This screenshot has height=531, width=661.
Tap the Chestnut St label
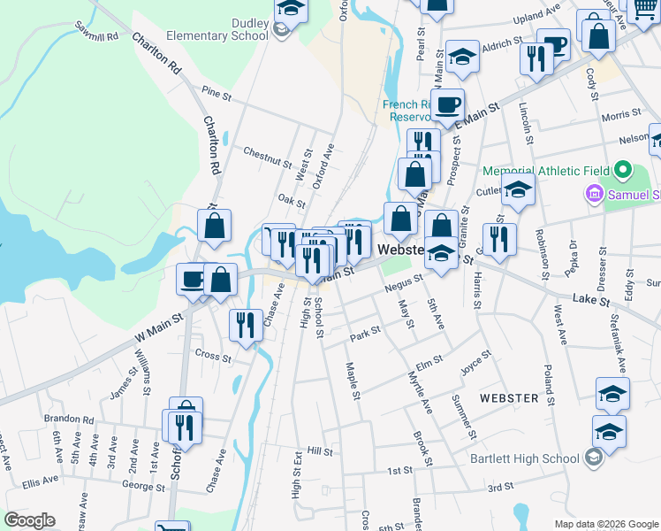(x=268, y=158)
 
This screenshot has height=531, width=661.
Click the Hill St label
(x=319, y=451)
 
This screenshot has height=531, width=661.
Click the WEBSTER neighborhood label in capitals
(x=508, y=398)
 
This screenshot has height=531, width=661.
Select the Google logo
(x=29, y=520)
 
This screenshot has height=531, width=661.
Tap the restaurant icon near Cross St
(x=244, y=324)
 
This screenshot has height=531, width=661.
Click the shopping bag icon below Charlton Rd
(x=214, y=226)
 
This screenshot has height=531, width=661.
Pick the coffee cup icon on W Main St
(x=192, y=280)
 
